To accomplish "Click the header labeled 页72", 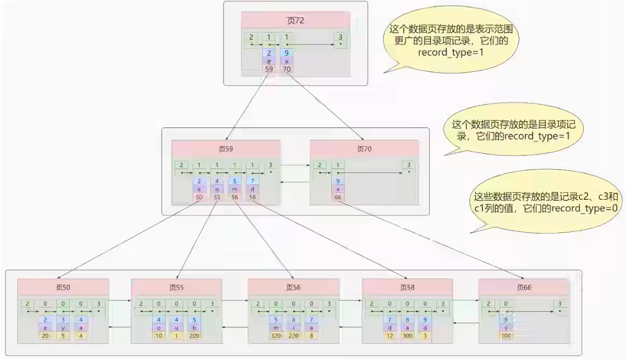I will [295, 20].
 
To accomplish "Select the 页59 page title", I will [226, 148].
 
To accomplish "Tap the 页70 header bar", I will [364, 148].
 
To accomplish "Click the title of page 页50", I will [63, 287].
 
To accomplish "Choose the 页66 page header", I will [523, 287].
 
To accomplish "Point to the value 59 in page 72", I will [269, 69].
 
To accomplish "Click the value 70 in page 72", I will [287, 69].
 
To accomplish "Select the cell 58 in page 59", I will [252, 198].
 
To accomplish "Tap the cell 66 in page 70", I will [337, 198].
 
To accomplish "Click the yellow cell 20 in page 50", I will [46, 336].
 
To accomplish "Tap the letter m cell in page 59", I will [235, 190].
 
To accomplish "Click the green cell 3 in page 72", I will [339, 39].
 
